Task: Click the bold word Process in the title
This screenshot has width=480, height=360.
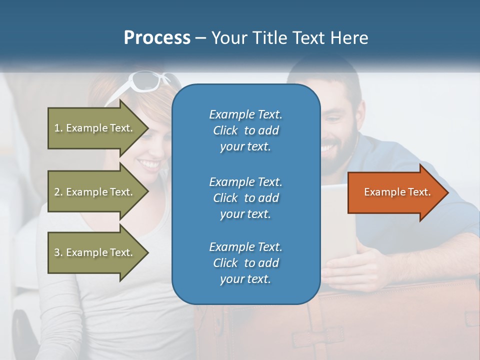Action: (157, 38)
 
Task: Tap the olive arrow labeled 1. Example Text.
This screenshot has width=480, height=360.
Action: (95, 128)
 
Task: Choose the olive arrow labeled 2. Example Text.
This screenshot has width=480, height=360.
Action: (95, 192)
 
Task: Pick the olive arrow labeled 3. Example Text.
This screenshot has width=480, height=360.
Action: (95, 252)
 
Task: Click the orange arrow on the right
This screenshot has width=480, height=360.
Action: (395, 192)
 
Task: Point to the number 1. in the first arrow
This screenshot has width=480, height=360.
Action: (58, 128)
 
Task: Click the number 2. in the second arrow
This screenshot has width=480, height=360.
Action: (58, 192)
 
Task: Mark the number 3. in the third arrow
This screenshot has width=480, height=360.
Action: (58, 252)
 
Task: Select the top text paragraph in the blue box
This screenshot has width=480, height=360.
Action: (245, 130)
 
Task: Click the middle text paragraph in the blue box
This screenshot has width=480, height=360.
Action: (245, 197)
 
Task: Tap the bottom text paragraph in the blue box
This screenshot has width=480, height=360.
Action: (245, 263)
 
